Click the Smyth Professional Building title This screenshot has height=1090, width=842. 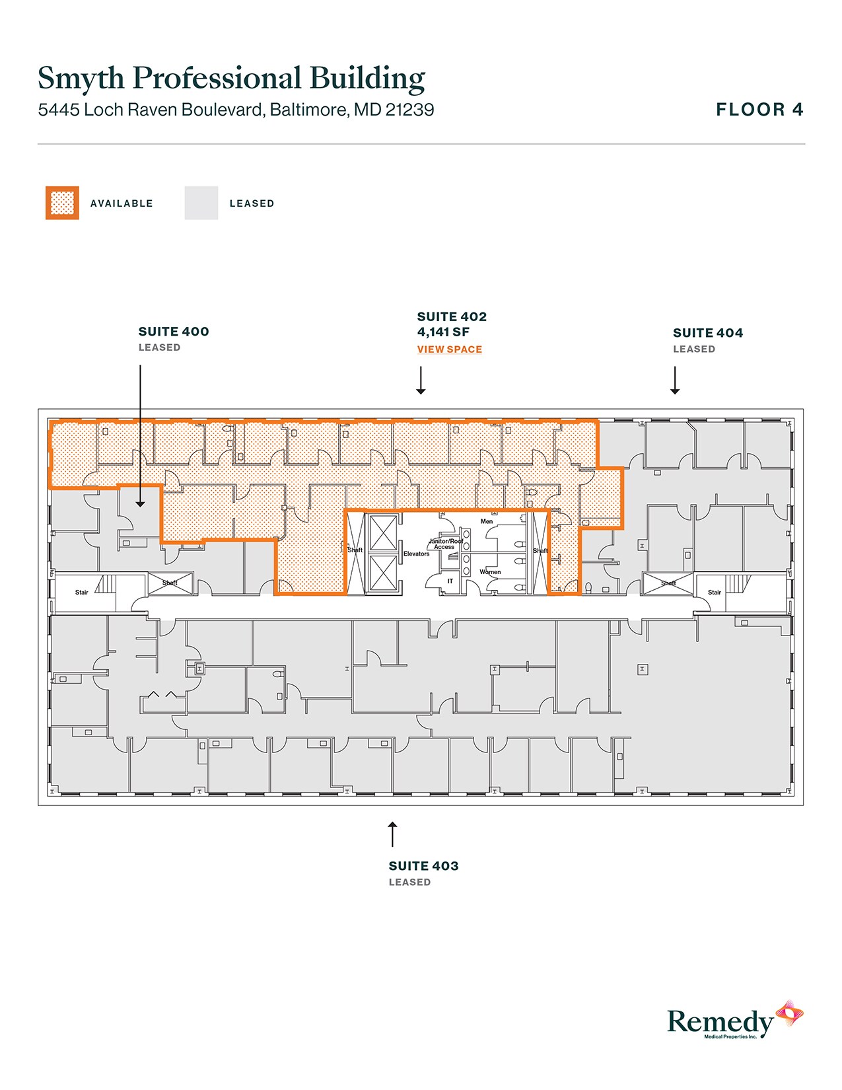coord(231,78)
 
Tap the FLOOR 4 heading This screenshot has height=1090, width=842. coord(759,110)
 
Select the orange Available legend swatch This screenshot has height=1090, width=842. coord(62,203)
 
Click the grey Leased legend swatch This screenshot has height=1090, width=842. coord(201,203)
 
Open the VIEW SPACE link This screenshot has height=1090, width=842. coord(449,349)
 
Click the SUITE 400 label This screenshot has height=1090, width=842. coord(174,332)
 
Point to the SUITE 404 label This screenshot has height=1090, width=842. coord(707,333)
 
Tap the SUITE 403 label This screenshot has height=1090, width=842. coord(423,866)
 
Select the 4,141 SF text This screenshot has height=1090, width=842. coord(443,332)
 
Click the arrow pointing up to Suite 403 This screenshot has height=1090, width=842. coord(392,834)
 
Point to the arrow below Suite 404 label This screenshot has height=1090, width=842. coord(675,381)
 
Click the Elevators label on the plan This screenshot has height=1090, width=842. coord(416,554)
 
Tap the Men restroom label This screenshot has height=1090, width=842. coord(487,521)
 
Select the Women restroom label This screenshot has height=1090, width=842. coord(490,572)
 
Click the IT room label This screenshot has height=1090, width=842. coord(450,581)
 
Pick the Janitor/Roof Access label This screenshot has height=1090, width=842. coord(446,544)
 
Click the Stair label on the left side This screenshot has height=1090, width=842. coord(81,593)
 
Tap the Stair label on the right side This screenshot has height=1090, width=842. coord(714,593)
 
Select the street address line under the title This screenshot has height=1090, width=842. coord(236,110)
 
